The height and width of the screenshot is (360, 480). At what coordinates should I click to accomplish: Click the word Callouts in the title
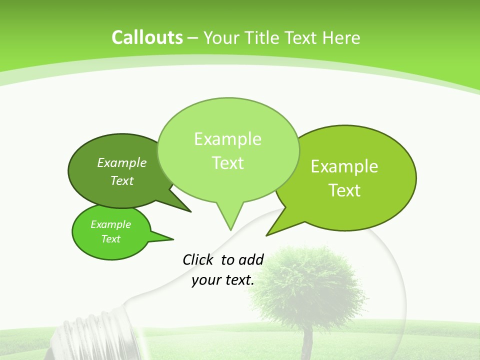tap(147, 37)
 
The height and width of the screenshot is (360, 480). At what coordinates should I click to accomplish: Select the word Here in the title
tap(341, 38)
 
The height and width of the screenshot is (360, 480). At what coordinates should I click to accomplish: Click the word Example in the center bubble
tap(227, 139)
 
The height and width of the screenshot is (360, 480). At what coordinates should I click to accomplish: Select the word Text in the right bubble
tap(344, 190)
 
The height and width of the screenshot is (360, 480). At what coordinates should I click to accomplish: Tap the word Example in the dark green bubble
tap(122, 163)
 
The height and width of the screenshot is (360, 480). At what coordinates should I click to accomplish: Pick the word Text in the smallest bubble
tap(111, 239)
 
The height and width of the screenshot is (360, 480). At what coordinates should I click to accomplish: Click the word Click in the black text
tap(197, 259)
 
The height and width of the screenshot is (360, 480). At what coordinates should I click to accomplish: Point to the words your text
tap(223, 280)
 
